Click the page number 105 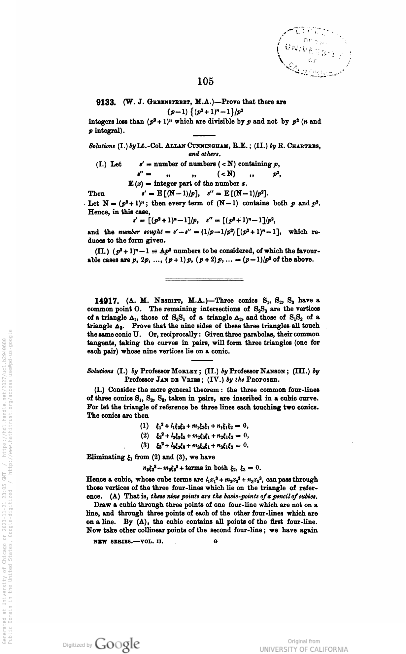[206, 81]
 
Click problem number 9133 [106, 103]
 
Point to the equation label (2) [145, 435]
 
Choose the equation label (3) [145, 445]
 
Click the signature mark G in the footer [215, 541]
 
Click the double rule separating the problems [204, 280]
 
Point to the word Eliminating [105, 457]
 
